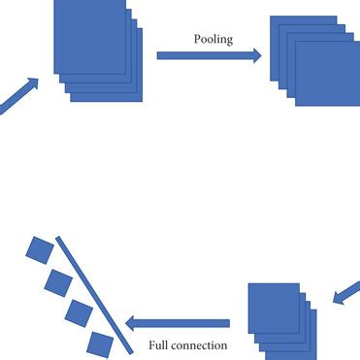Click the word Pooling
point(213,40)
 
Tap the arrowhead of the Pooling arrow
point(256,55)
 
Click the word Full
point(161,344)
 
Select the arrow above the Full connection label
point(184,323)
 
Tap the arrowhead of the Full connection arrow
point(131,323)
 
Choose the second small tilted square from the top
point(58,282)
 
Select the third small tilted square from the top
point(78,313)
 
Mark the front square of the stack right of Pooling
point(327,73)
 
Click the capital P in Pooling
point(198,40)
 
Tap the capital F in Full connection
point(152,344)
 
